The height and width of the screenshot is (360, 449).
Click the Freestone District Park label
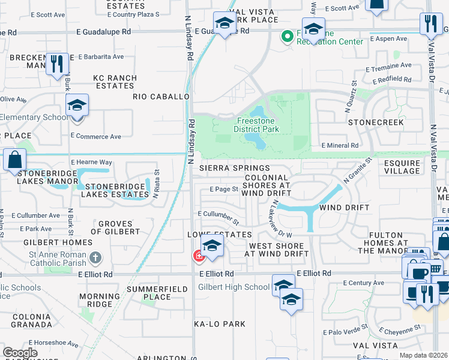point(256,125)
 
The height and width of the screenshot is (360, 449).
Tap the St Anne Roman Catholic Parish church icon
point(95,258)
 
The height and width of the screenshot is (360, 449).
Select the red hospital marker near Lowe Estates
point(197,256)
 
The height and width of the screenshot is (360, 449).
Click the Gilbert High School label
point(234,287)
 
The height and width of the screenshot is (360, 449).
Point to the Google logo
point(20,353)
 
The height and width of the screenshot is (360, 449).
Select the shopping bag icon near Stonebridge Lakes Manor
point(14,160)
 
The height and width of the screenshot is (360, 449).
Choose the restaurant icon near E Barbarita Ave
point(57,64)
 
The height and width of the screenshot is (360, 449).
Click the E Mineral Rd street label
point(340,145)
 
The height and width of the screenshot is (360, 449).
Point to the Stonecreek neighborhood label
point(376,122)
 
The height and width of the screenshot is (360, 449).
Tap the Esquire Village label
point(402,166)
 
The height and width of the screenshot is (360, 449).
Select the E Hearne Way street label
point(91,162)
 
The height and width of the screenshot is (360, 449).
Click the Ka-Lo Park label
point(219,324)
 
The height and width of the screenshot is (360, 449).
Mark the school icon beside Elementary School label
point(77,106)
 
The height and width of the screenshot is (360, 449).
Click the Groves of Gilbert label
point(115,227)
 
